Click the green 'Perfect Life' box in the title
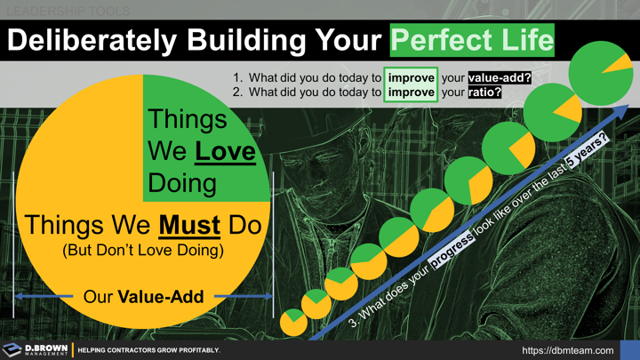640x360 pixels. tap(472, 40)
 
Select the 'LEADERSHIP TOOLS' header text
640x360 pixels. tap(66, 11)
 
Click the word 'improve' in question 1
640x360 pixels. tap(411, 77)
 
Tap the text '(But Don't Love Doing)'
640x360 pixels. tap(142, 251)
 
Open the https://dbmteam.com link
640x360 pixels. tap(568, 350)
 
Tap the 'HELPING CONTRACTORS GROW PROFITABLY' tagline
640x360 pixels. tap(148, 350)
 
